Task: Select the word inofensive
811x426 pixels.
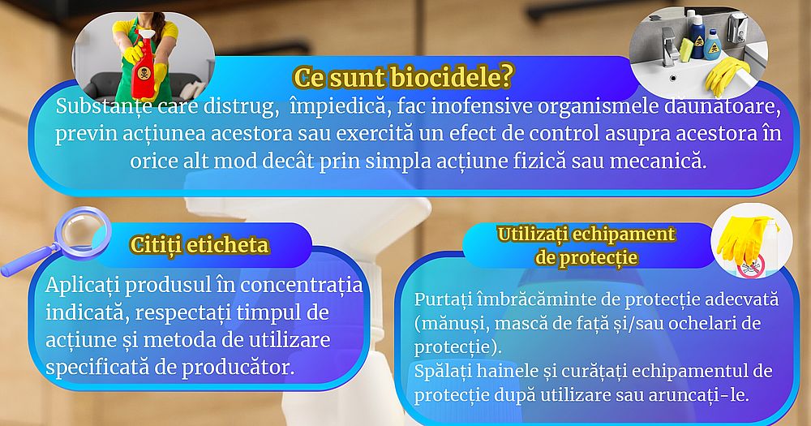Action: [x=483, y=106]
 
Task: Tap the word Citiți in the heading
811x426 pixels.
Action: [x=155, y=245]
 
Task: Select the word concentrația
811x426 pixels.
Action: [x=302, y=286]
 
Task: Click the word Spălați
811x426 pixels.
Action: [x=443, y=372]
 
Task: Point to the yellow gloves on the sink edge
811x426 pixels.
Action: [x=726, y=74]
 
